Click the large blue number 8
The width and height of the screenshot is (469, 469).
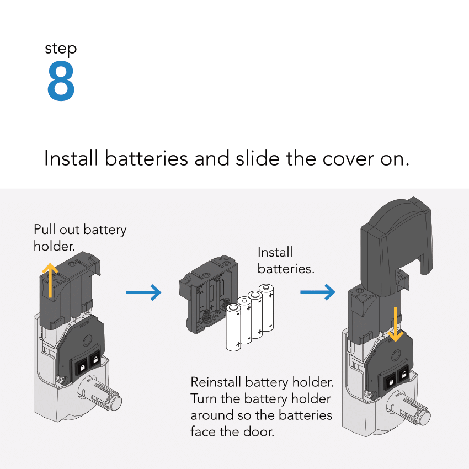(61, 82)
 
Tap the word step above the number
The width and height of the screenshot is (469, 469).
(61, 49)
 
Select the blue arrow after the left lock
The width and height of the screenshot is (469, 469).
(143, 292)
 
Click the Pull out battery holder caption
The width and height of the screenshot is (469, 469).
(80, 237)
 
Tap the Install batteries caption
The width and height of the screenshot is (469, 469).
(285, 260)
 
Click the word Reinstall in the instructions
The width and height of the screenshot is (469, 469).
(216, 382)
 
